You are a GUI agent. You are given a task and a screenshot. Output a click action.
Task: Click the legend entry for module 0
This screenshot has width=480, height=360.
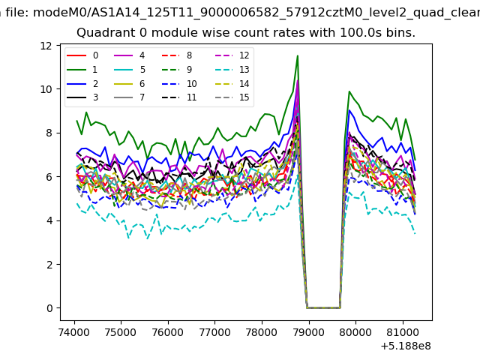(82, 55)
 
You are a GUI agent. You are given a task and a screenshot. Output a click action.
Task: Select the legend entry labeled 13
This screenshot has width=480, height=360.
(232, 70)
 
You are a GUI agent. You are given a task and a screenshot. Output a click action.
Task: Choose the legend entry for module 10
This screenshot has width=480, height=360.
(179, 83)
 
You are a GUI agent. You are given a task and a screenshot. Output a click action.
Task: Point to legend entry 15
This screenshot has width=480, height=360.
(232, 97)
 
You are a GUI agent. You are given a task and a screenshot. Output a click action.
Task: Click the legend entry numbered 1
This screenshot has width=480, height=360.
(82, 70)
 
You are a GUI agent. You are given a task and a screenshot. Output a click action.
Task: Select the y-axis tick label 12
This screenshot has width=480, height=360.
(46, 46)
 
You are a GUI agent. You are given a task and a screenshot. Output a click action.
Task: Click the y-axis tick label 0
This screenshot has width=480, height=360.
(49, 308)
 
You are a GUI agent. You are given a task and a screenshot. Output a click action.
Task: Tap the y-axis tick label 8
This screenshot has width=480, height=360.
(49, 133)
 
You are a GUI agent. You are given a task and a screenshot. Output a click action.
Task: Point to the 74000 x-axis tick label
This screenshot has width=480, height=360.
(74, 332)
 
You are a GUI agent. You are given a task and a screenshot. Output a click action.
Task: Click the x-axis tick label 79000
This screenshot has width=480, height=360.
(308, 332)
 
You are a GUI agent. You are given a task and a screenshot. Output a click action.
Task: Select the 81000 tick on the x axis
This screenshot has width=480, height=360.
(403, 332)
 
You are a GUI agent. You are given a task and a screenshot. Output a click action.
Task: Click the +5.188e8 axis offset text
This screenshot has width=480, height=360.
(406, 346)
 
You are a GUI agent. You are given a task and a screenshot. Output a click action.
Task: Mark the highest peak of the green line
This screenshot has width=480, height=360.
(297, 55)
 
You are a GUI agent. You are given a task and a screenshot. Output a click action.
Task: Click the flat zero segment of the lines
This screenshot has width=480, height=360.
(323, 307)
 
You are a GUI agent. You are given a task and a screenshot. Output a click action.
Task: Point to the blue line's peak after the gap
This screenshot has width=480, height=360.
(349, 110)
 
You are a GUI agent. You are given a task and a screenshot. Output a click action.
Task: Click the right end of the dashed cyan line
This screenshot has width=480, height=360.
(415, 234)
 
